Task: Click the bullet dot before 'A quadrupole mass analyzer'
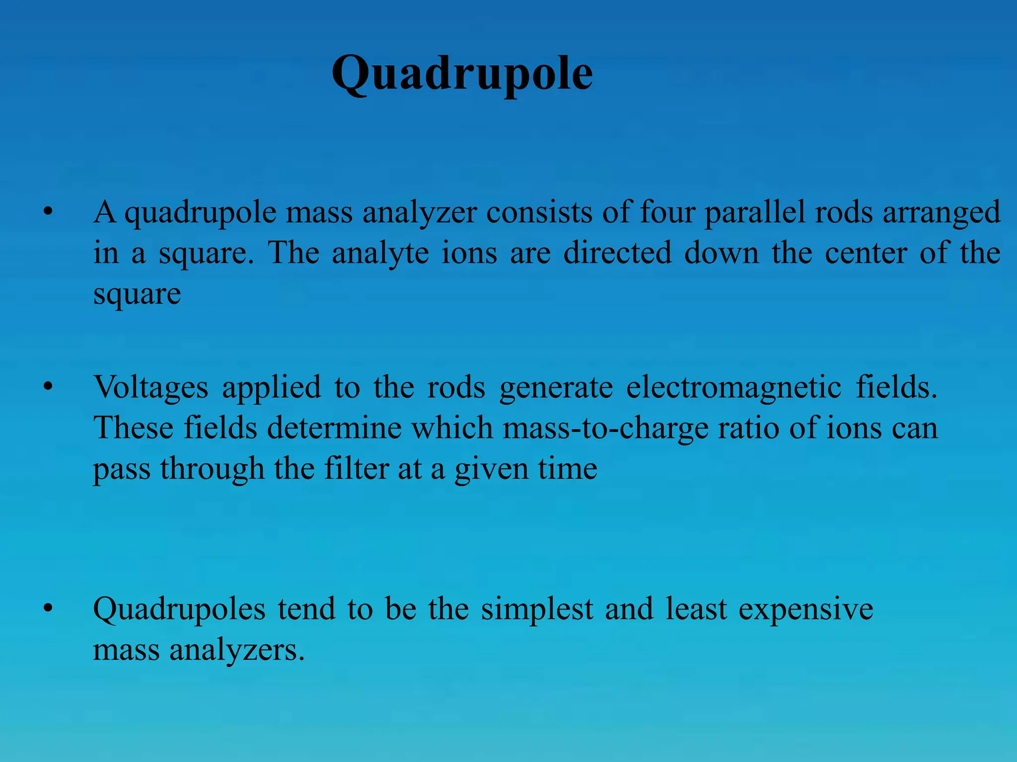pos(48,213)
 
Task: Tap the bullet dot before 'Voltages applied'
pos(48,387)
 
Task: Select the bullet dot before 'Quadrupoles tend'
pos(48,609)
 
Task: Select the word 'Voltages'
pos(151,388)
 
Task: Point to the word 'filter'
pos(356,468)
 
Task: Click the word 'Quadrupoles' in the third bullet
pos(179,610)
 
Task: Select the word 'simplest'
pos(537,610)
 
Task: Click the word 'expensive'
pos(805,610)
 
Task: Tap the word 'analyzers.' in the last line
pos(237,650)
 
